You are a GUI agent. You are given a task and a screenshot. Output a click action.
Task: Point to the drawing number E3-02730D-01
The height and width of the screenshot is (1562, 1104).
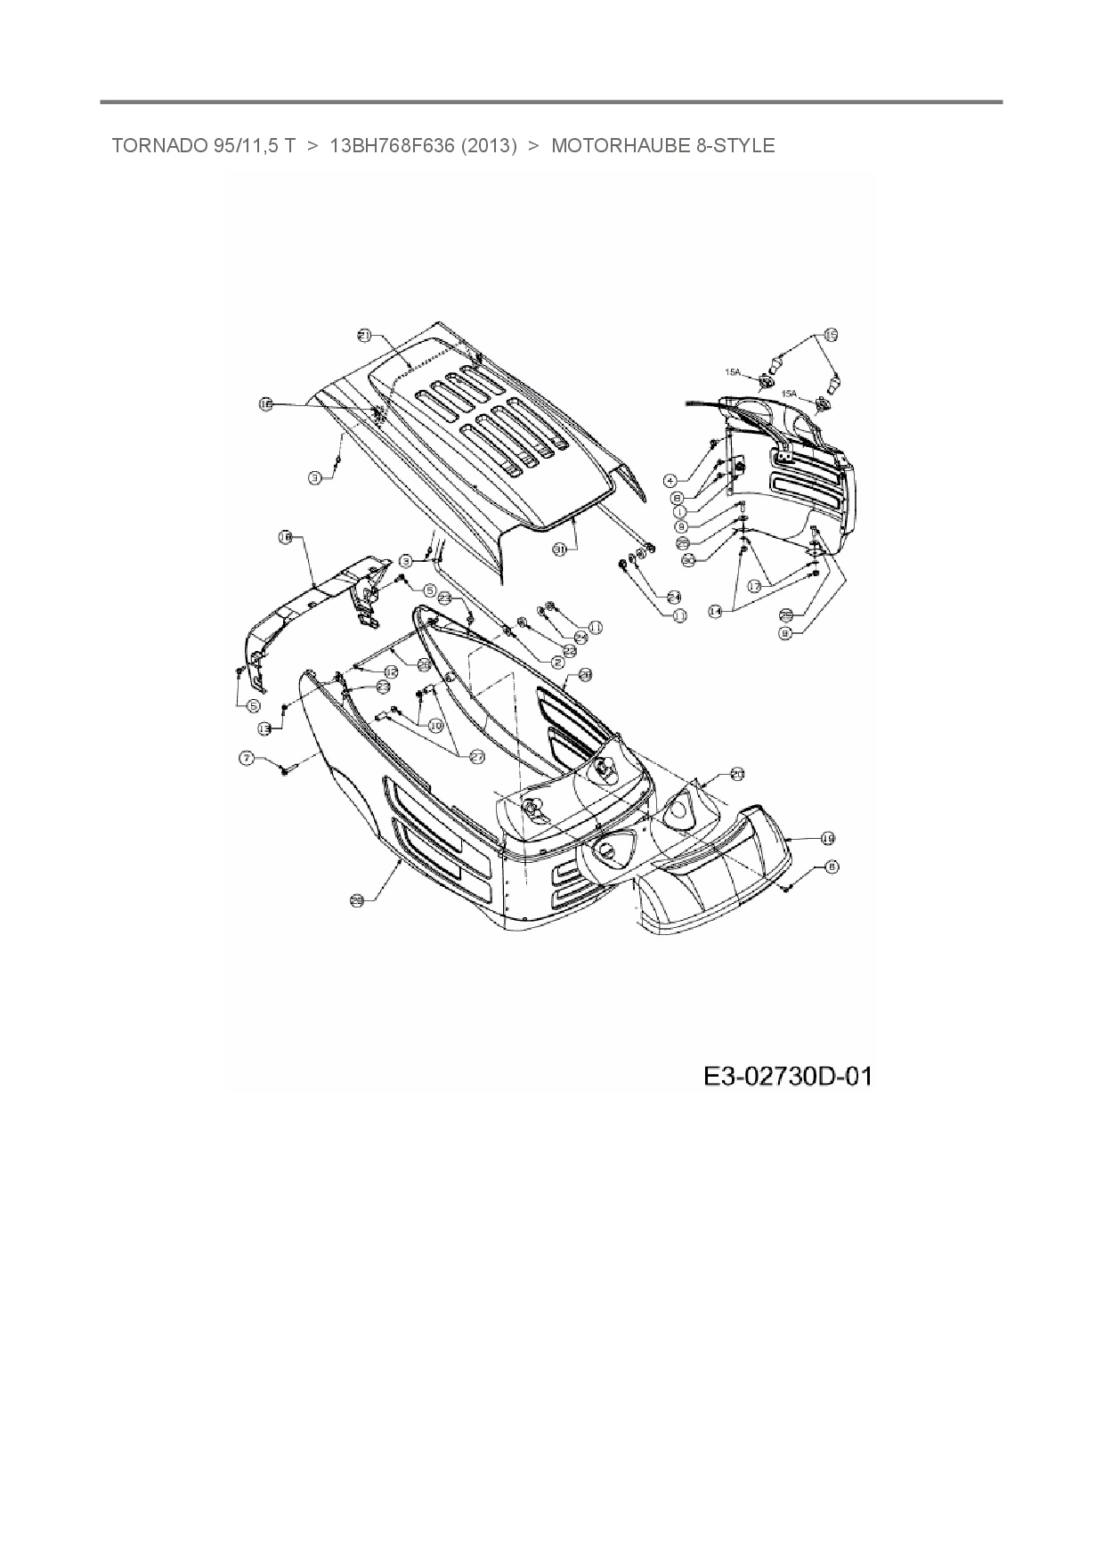coord(787,1077)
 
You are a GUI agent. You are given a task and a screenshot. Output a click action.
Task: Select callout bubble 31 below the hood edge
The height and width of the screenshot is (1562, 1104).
coord(560,550)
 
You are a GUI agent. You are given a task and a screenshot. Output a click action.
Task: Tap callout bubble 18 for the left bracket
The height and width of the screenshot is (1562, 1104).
coord(285,537)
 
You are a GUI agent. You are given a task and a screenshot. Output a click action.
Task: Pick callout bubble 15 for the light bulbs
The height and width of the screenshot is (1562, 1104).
coord(830,335)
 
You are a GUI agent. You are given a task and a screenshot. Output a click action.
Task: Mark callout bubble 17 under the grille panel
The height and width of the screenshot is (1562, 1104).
coord(754,587)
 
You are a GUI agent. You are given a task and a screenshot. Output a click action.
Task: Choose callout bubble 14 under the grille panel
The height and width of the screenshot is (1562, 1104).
coord(715,611)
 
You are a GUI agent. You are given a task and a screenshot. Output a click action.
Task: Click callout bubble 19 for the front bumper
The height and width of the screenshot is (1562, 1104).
coord(827,838)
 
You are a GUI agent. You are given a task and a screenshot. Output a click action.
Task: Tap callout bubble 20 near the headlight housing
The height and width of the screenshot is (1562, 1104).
coord(736,774)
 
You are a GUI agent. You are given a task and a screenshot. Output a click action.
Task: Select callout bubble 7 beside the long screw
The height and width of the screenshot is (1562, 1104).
coord(246,758)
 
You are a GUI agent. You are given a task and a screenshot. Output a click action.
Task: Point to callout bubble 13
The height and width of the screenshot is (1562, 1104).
coord(264,728)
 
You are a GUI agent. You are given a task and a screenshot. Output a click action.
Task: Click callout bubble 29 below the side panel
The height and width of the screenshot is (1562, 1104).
coord(356,900)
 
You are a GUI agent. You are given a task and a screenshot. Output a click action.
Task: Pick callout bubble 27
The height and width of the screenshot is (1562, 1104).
coord(476,756)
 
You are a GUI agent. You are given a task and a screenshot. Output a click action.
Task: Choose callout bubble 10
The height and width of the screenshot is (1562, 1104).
coord(435,726)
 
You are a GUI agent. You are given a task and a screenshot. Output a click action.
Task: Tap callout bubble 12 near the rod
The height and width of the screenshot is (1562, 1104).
coord(390,647)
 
